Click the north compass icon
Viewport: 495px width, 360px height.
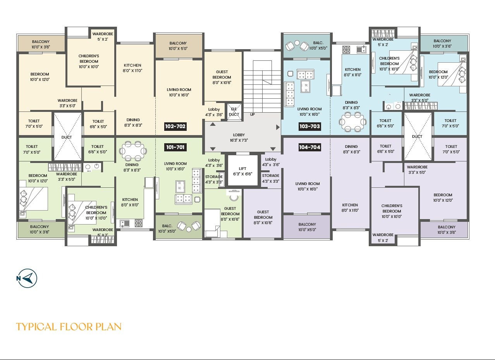27,278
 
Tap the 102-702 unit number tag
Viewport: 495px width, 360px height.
176,126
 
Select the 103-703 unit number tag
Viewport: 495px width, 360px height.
309,126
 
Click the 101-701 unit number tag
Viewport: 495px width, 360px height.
176,147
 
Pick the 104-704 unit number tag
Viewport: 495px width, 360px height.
309,147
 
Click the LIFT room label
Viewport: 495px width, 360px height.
242,171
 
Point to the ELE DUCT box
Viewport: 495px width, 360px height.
234,111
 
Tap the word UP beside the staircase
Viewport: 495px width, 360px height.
253,115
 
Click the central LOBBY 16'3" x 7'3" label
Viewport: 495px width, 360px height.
239,137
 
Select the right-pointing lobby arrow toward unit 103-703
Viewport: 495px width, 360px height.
278,127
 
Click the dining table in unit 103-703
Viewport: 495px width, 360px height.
352,121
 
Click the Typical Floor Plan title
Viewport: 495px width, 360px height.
69,327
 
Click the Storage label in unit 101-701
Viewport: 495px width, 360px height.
214,179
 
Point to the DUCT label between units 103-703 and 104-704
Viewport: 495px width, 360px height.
417,137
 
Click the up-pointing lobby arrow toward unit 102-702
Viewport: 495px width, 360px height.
213,124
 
